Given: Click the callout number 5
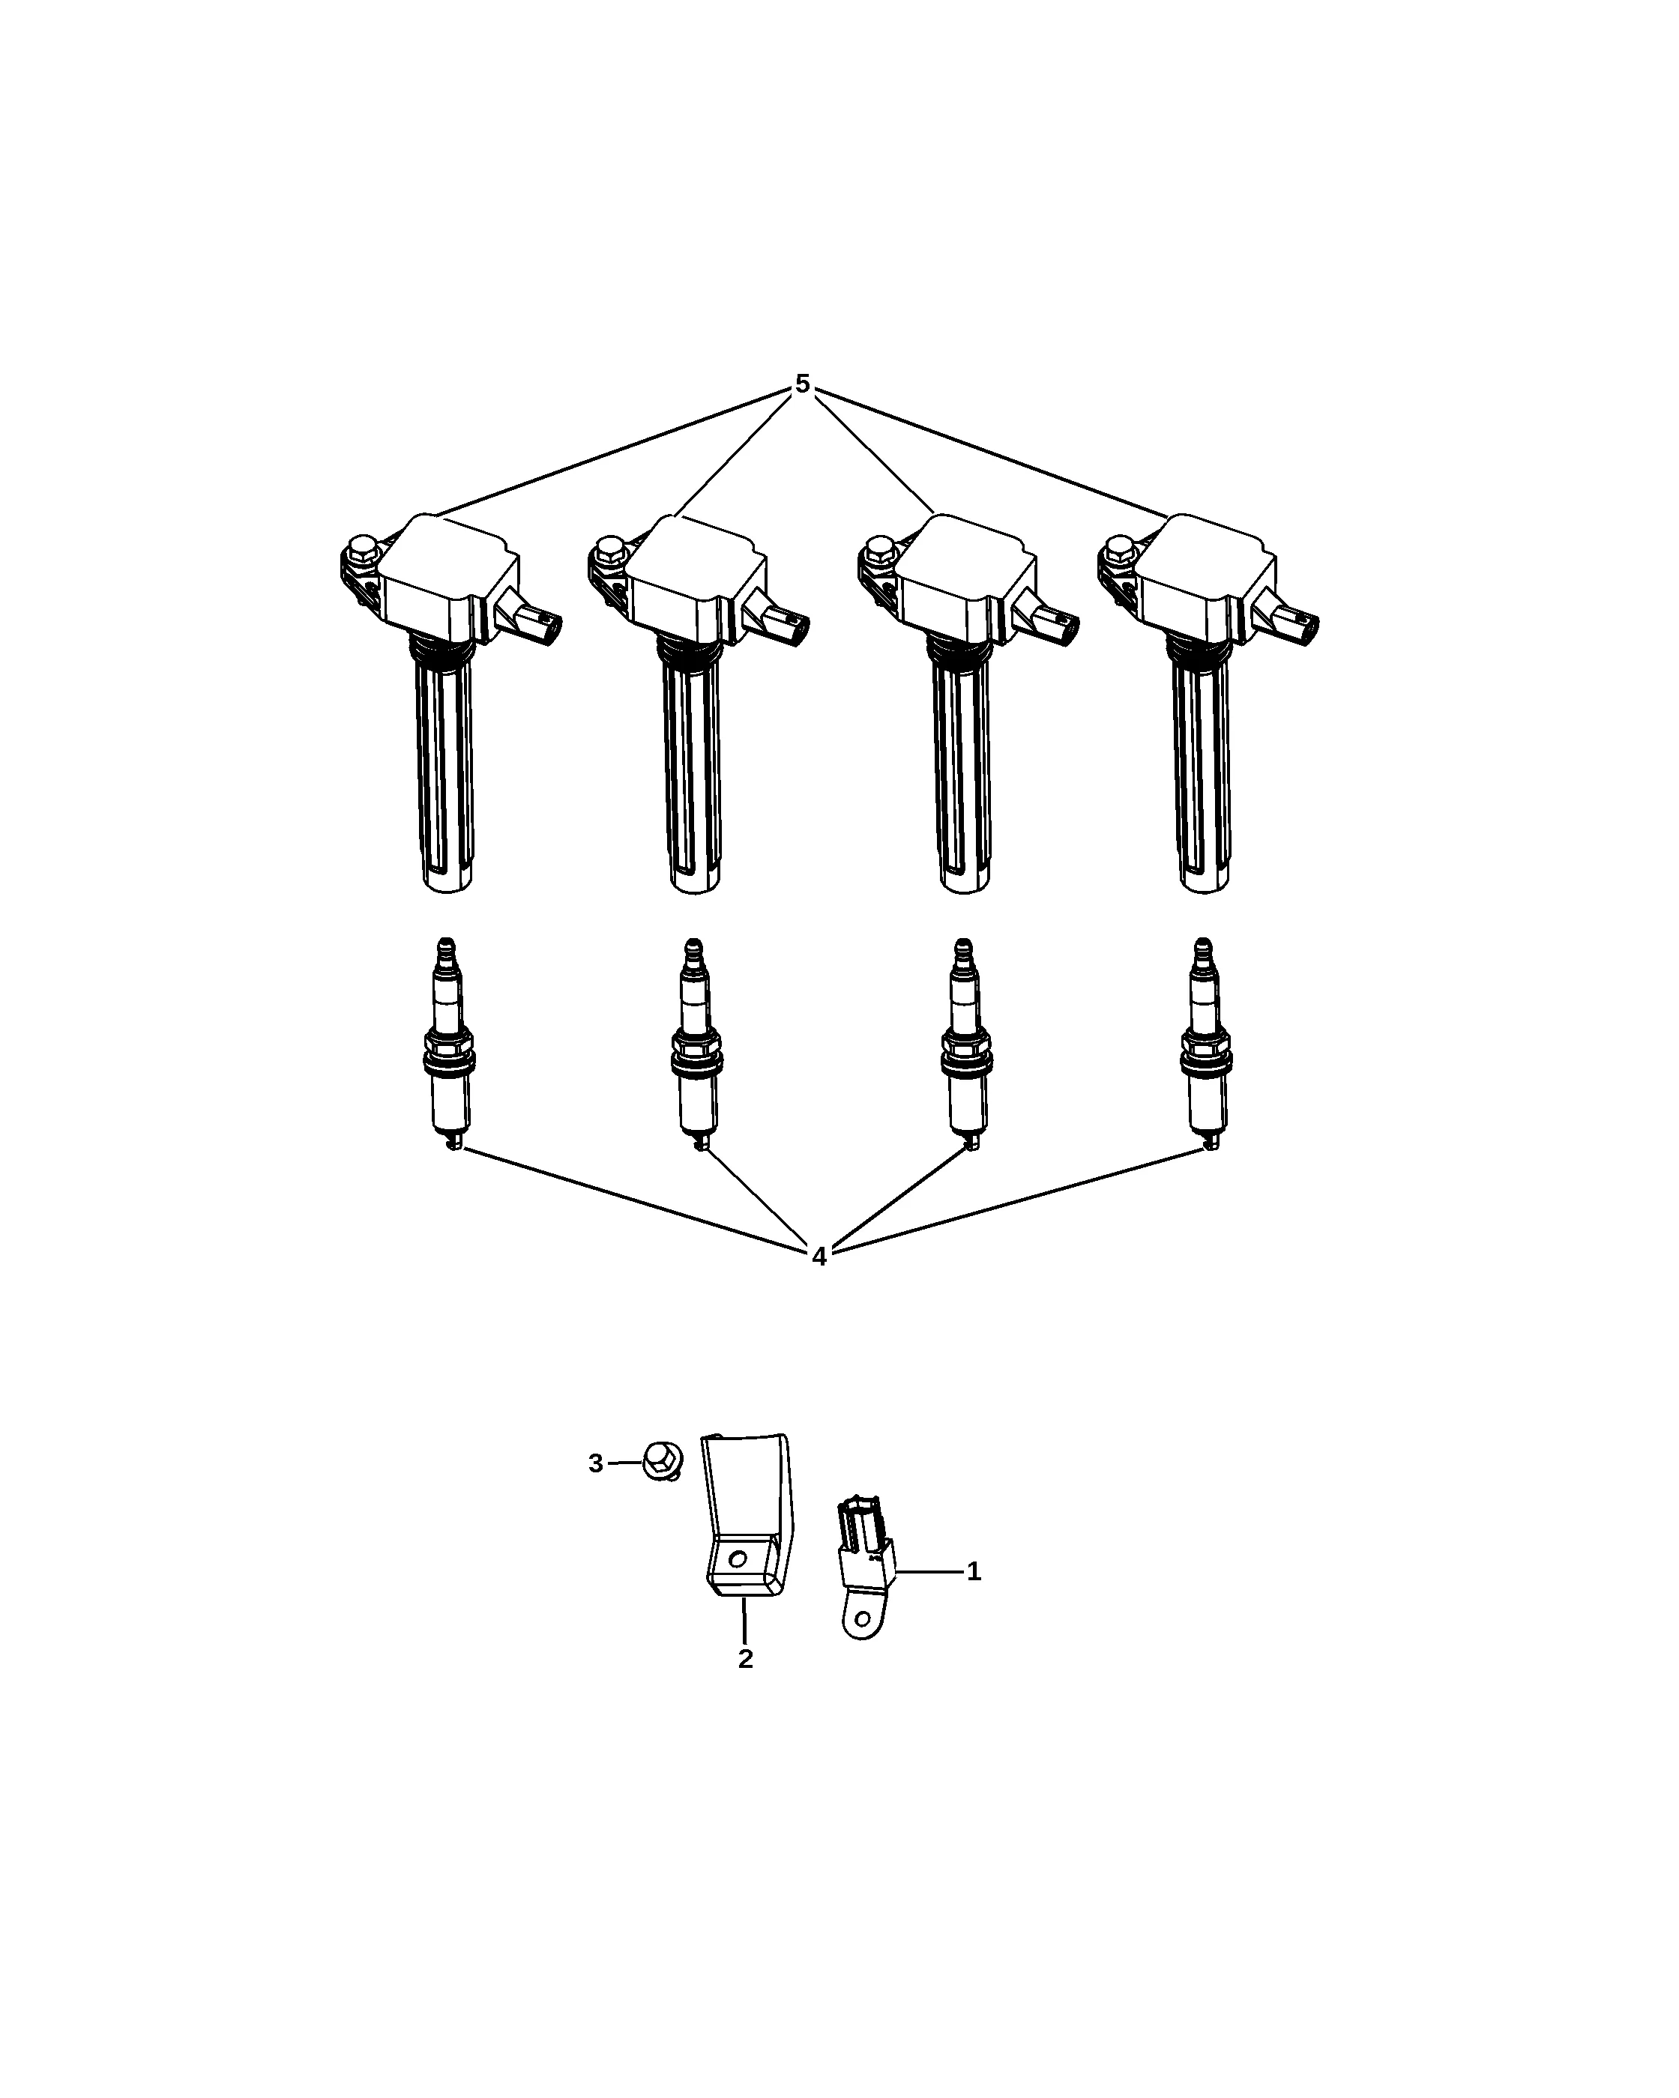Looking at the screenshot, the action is coord(801,384).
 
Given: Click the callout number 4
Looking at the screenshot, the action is coord(819,1257).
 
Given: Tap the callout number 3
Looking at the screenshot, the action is coord(596,1491).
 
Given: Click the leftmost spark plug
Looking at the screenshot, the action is coord(447,1045).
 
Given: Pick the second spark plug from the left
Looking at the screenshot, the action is coord(695,1045).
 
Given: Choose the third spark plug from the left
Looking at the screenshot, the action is coord(965,1045).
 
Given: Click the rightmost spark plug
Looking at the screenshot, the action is coord(1205,1045).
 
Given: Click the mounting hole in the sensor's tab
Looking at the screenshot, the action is coord(860,1619).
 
